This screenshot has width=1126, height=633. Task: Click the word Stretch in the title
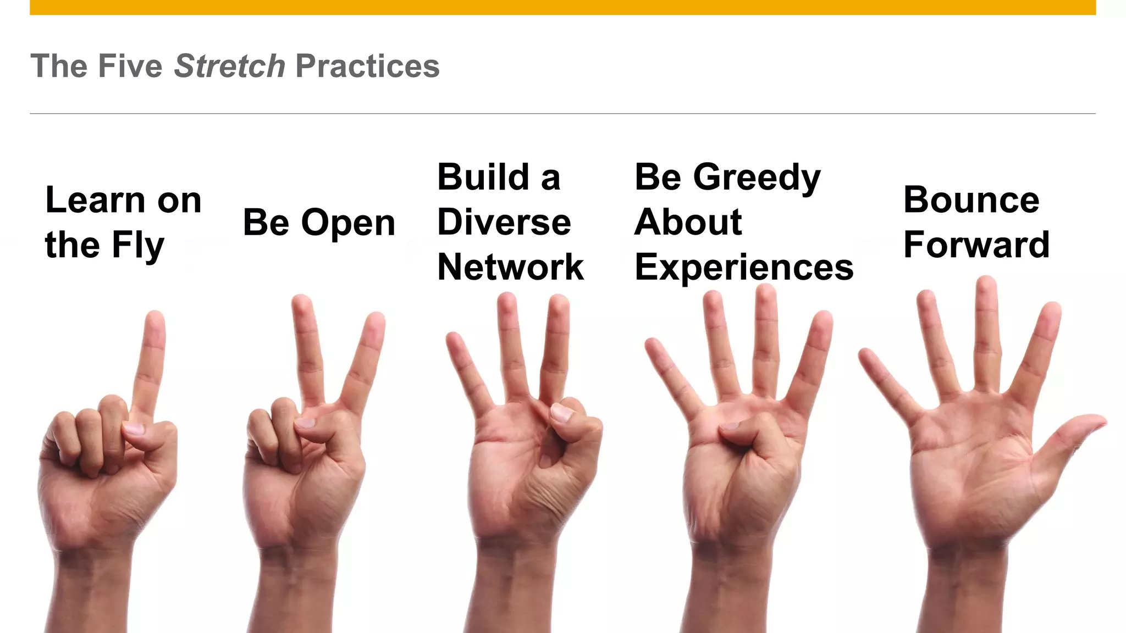coord(229,66)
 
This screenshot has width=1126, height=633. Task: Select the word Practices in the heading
coord(367,66)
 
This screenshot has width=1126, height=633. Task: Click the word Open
coord(348,223)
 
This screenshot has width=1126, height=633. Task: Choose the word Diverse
coord(504,222)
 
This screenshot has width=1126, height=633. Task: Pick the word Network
coord(510,267)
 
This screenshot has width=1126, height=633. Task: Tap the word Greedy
coord(757,178)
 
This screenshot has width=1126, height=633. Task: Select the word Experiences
coord(744,268)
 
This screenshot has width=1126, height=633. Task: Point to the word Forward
coord(976,245)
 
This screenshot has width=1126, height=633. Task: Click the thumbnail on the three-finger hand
coord(561,413)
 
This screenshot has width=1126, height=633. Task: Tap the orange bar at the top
coord(562,7)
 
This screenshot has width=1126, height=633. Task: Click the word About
coord(688,222)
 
